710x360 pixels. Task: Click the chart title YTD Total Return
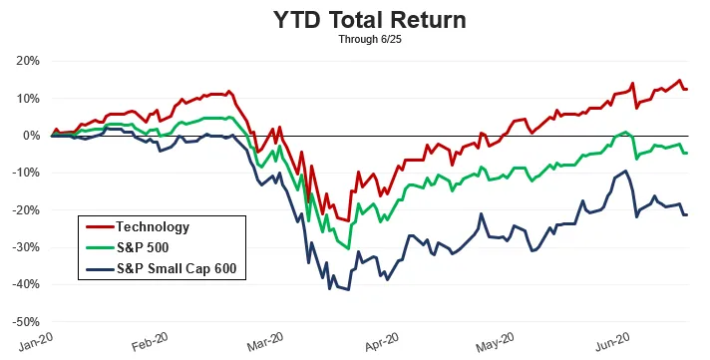[x=355, y=20]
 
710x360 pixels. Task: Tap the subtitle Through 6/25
[x=355, y=40]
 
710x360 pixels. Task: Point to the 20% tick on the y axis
[x=27, y=61]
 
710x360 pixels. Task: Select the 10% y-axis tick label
[x=27, y=98]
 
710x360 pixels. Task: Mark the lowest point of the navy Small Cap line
[x=348, y=289]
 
